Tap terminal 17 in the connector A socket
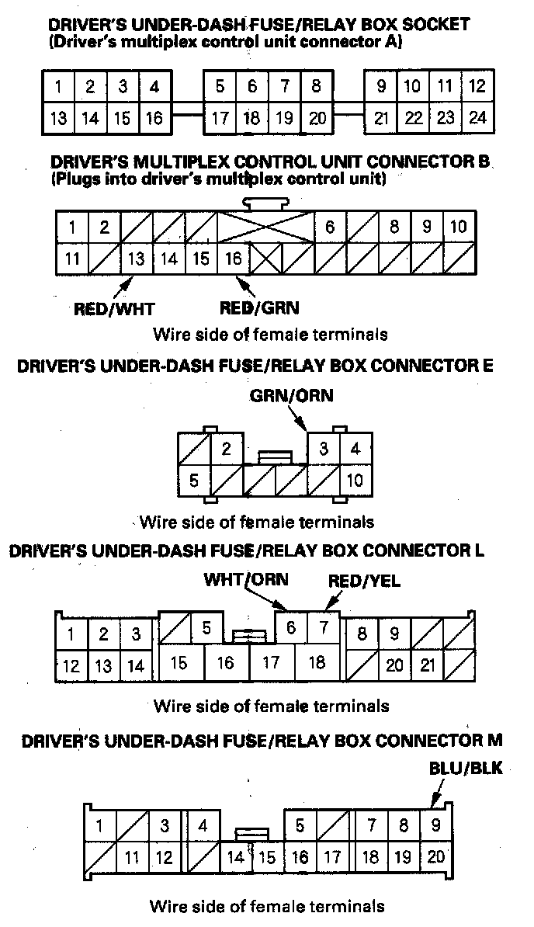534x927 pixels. [220, 118]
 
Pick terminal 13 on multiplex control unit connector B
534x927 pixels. [137, 259]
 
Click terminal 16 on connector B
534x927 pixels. [233, 259]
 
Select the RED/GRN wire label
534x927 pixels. [259, 307]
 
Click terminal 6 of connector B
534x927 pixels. [330, 227]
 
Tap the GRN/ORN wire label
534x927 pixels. [291, 396]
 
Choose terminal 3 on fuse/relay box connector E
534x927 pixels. [324, 449]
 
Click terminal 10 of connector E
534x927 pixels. [355, 480]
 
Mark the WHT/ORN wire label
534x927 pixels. [245, 580]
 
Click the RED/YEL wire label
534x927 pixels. [365, 580]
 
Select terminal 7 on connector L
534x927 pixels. [323, 627]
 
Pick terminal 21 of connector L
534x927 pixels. [427, 665]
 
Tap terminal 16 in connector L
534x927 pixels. [226, 663]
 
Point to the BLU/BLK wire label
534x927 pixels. [466, 769]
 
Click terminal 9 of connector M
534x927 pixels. [436, 825]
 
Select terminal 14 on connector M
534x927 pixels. [236, 857]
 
